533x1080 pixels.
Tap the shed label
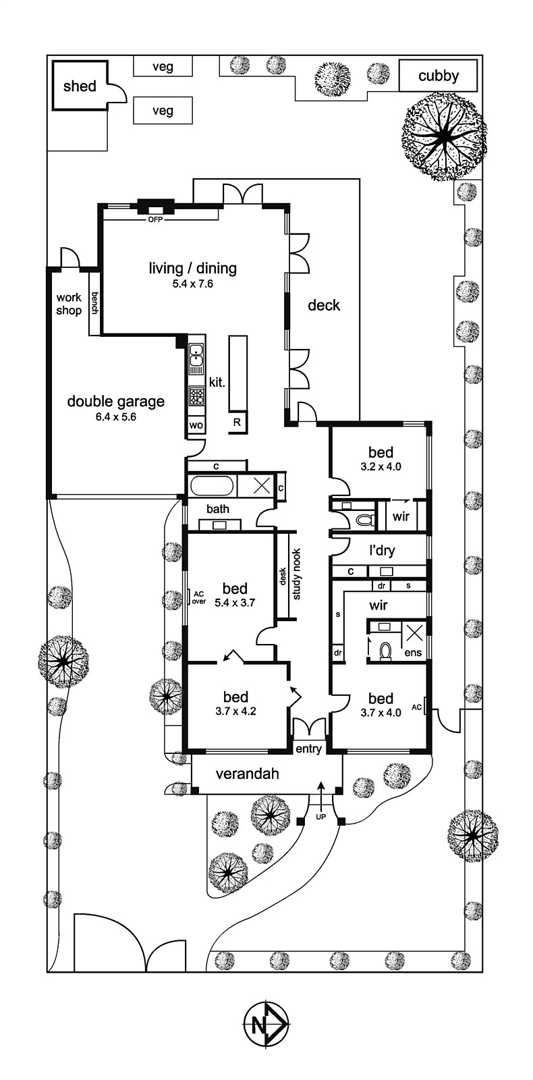coord(80,86)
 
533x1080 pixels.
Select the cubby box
coord(439,76)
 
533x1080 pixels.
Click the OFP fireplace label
coord(155,219)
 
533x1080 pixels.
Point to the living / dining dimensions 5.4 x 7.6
coord(192,284)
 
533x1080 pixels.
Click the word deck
coord(324,305)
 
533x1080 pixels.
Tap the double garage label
coord(115,402)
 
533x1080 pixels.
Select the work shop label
coord(68,304)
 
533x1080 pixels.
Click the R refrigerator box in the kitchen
coord(237,423)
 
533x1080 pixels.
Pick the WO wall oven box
coord(196,425)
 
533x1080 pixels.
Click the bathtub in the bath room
coord(211,486)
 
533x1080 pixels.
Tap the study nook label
coord(296,574)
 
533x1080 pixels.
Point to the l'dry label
coord(382,550)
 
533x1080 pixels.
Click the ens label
coord(413,653)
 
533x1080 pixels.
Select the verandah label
coord(247,774)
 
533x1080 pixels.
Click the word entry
coord(309,749)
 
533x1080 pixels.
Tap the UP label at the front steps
coord(320,817)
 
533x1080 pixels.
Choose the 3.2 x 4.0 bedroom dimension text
coord(381,466)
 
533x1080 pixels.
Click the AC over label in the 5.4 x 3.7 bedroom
coord(198,597)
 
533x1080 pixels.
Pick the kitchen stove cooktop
coord(196,394)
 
